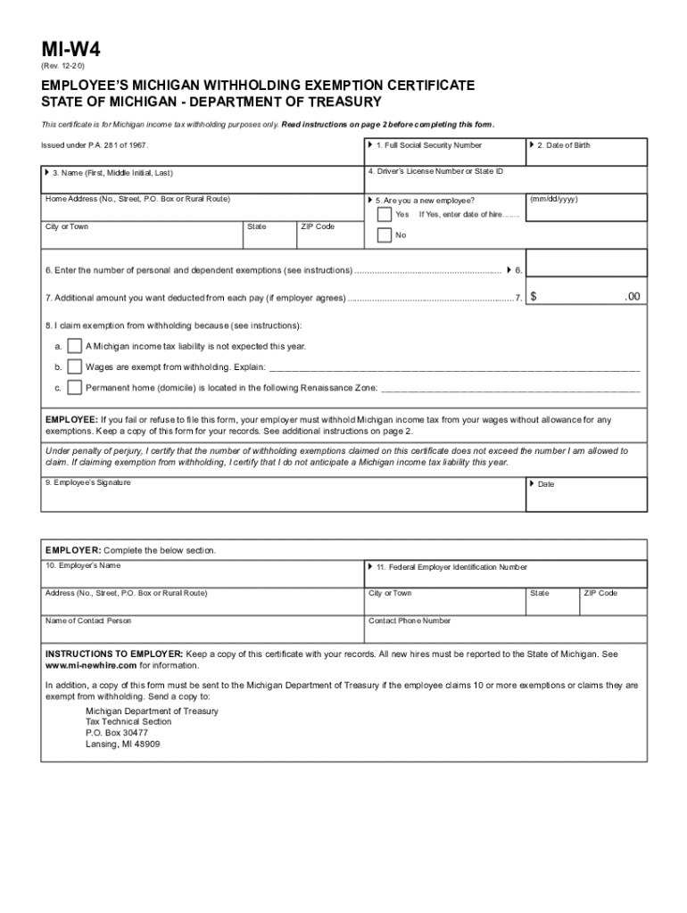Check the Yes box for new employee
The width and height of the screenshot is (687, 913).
click(x=384, y=215)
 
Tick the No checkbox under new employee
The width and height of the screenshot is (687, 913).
click(x=384, y=235)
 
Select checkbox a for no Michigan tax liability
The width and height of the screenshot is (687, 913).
click(x=75, y=346)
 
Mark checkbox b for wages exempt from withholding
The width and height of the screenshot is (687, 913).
click(x=75, y=366)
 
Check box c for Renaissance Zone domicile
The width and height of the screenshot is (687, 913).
click(x=75, y=388)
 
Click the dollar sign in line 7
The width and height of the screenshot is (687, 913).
click(x=534, y=297)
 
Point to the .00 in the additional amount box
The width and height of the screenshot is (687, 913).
click(x=632, y=297)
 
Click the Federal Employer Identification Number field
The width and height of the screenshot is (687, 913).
click(x=505, y=574)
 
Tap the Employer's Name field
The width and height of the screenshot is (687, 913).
click(x=202, y=574)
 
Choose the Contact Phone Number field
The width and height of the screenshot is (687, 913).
click(x=505, y=629)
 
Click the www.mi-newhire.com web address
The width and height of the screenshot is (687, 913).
click(x=91, y=665)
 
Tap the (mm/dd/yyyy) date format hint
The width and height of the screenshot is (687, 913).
click(x=553, y=200)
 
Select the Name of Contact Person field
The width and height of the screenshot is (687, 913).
click(x=202, y=629)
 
